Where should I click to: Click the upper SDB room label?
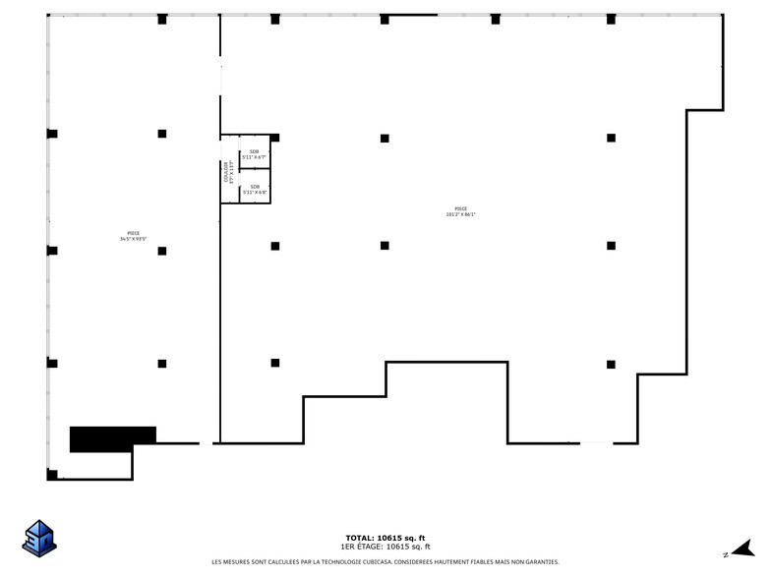pyautogui.click(x=254, y=151)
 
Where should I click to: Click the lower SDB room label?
pyautogui.click(x=255, y=186)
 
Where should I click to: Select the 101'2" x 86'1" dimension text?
pyautogui.click(x=461, y=214)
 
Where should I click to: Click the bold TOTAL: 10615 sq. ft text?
pyautogui.click(x=385, y=538)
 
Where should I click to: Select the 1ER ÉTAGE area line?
pyautogui.click(x=385, y=547)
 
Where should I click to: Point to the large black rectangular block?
pyautogui.click(x=112, y=437)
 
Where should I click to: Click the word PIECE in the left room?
pyautogui.click(x=133, y=233)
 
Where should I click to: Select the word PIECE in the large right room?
pyautogui.click(x=461, y=208)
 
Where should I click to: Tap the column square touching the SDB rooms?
pyautogui.click(x=275, y=138)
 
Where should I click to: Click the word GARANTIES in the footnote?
pyautogui.click(x=540, y=562)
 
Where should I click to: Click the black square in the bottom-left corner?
pyautogui.click(x=52, y=475)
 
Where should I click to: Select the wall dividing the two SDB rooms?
pyautogui.click(x=255, y=168)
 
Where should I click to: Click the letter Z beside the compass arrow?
pyautogui.click(x=725, y=554)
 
